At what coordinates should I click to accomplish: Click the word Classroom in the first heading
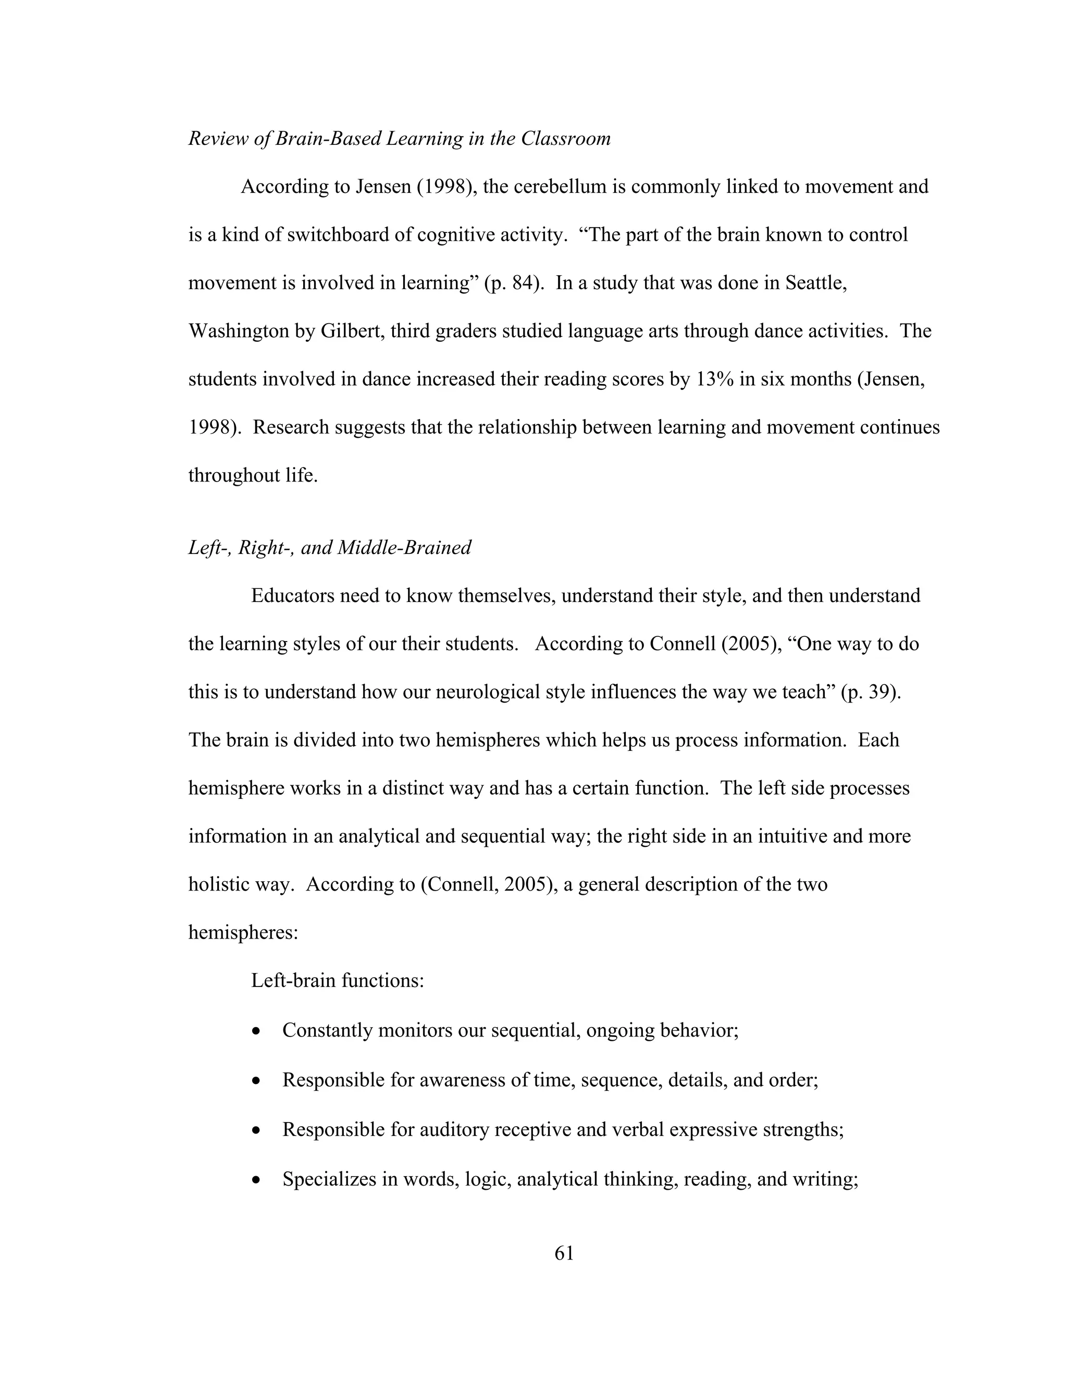pyautogui.click(x=565, y=139)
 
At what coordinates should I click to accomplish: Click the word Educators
pyautogui.click(x=293, y=596)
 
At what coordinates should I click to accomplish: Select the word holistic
pyautogui.click(x=218, y=884)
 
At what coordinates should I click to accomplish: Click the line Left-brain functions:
pyautogui.click(x=338, y=981)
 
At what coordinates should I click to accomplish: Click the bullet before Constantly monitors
pyautogui.click(x=255, y=1031)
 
